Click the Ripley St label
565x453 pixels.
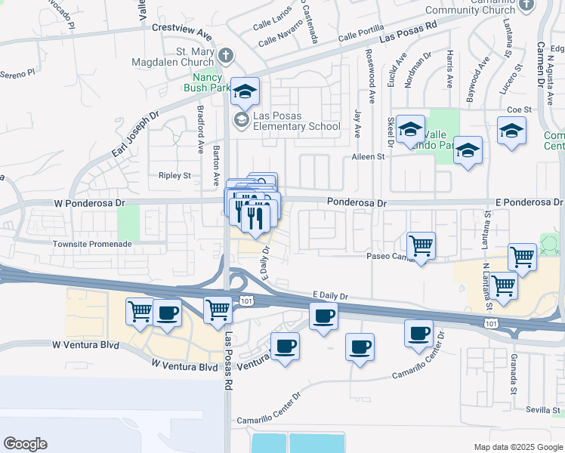(174, 175)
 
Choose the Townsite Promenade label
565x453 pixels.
(92, 245)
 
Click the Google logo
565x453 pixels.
(25, 443)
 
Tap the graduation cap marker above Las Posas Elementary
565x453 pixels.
(245, 92)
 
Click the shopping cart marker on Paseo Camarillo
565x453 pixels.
(421, 245)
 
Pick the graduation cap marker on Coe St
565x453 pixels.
(511, 131)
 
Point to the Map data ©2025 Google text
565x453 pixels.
(517, 447)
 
